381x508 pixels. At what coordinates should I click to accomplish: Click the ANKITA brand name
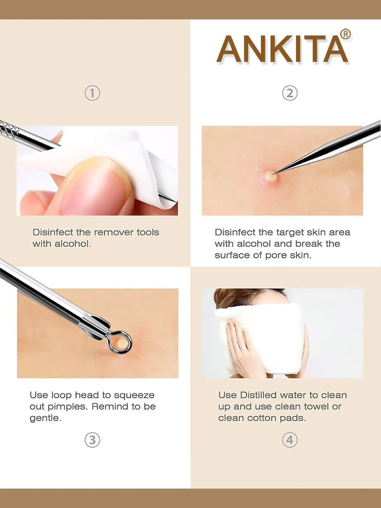click(282, 49)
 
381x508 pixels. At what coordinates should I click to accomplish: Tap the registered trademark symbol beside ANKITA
click(345, 34)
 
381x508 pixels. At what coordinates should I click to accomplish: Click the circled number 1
click(92, 93)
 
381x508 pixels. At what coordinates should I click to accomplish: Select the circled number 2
click(290, 93)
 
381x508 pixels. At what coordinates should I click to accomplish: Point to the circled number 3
click(92, 440)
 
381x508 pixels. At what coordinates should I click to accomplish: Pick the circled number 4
click(290, 440)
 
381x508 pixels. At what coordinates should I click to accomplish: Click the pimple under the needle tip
click(270, 175)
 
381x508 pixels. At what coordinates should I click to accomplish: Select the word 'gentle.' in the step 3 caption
click(45, 418)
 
